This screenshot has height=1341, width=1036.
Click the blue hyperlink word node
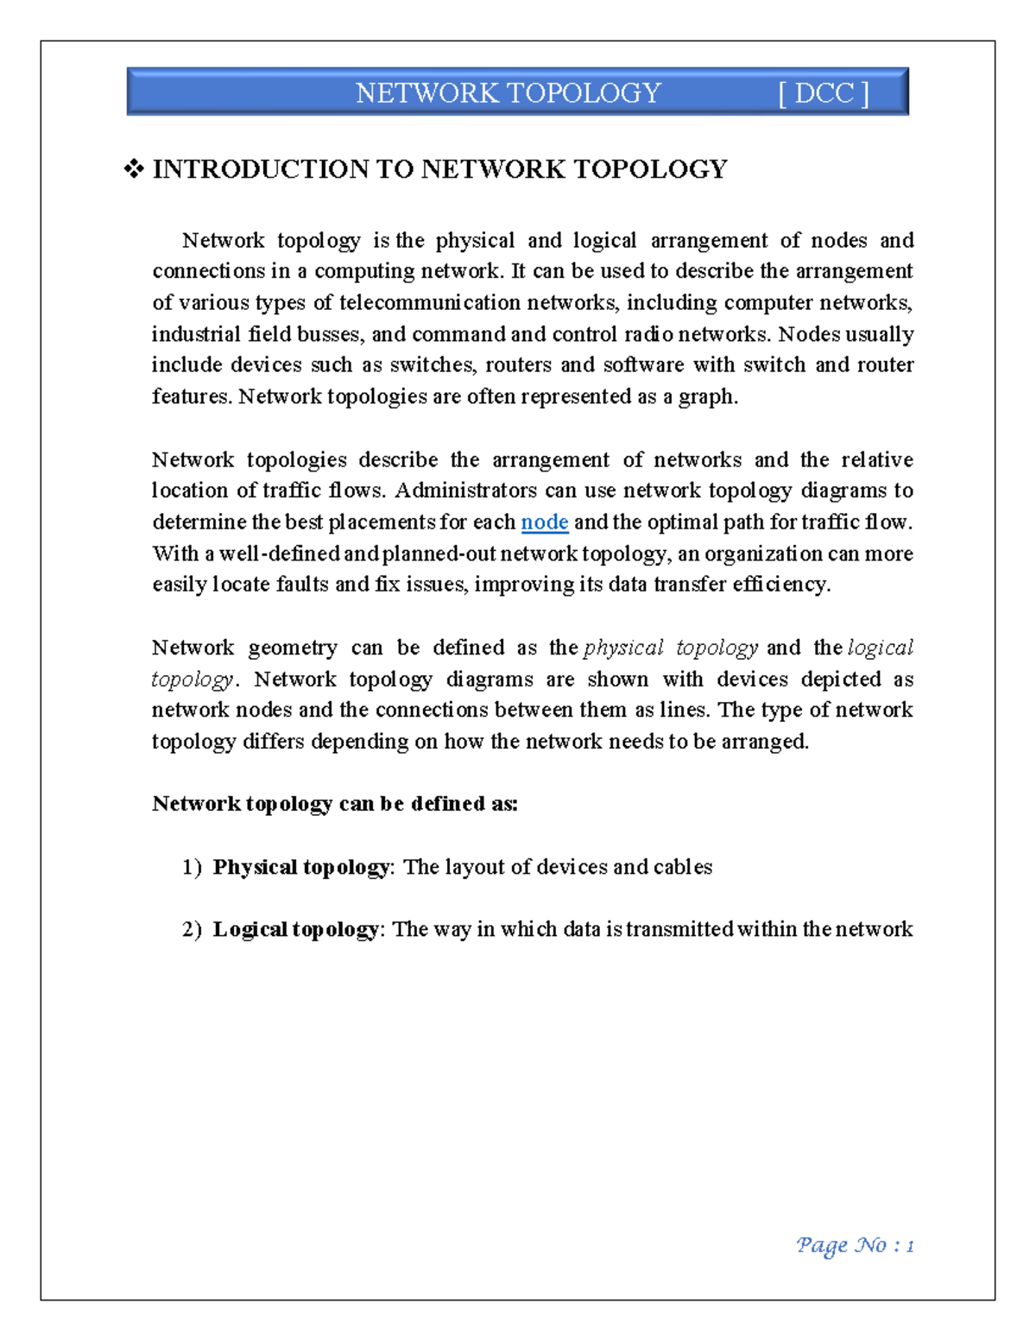[x=544, y=522]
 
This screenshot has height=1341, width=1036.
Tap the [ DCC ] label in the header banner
[x=823, y=93]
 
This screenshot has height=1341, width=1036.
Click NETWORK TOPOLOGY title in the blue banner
[x=508, y=93]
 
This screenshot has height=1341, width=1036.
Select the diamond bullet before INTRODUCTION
[x=134, y=169]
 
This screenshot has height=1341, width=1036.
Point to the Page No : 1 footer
[x=854, y=1245]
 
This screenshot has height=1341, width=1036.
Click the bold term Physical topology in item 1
[x=300, y=867]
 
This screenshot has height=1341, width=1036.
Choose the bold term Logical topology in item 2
[x=295, y=929]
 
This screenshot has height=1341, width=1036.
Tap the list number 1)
[x=192, y=867]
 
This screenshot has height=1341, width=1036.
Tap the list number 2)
[x=192, y=929]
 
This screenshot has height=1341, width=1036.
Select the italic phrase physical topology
[x=671, y=648]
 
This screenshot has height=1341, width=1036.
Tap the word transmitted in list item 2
[x=680, y=929]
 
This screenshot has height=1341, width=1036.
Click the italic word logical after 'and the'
[x=881, y=648]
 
